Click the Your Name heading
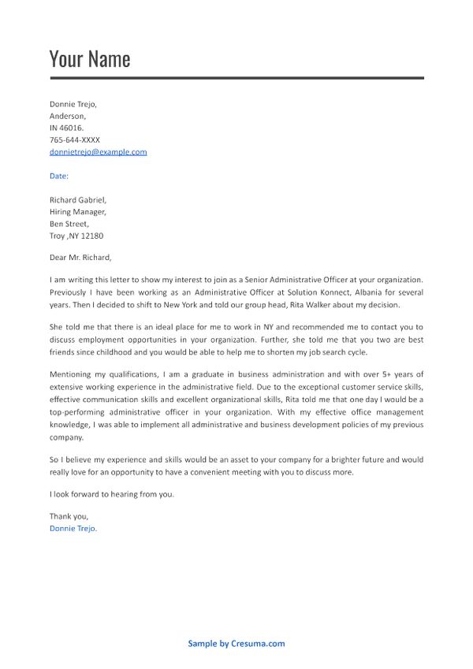tap(89, 59)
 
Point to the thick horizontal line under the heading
tap(236, 78)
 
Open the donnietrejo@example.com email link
tap(98, 152)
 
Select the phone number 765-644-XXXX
tap(74, 139)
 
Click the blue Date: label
tap(59, 176)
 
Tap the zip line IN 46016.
tap(66, 128)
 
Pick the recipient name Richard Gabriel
tap(77, 200)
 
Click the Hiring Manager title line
tap(77, 212)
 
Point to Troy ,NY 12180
tap(76, 236)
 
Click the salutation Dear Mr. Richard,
tap(80, 257)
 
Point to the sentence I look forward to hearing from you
tap(111, 494)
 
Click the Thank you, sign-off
tap(69, 516)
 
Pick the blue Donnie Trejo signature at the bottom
tap(73, 529)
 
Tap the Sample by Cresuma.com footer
tap(236, 644)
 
